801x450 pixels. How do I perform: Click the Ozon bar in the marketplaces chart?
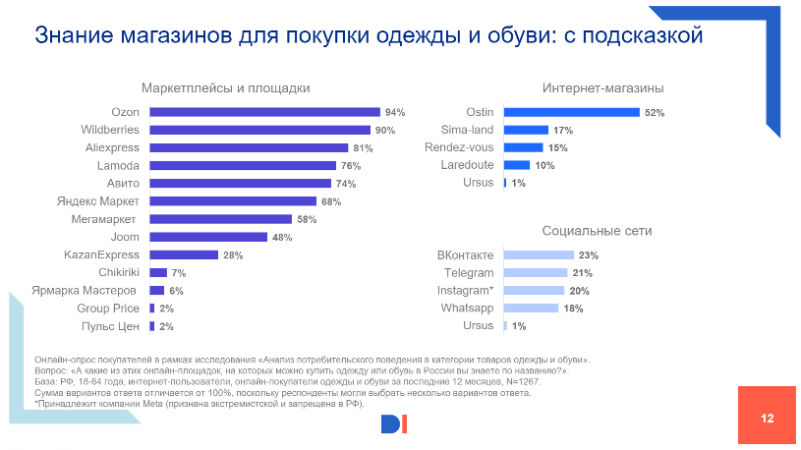[x=264, y=112]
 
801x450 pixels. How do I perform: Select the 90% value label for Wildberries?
[x=384, y=130]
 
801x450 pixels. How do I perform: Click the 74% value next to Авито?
[x=345, y=184]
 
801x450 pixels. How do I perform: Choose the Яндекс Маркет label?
[x=98, y=201]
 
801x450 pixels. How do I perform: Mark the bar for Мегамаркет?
[x=220, y=219]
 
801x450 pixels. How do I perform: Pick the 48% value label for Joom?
[x=281, y=237]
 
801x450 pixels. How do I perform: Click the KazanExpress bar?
[x=183, y=254]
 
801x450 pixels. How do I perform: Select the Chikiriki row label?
[x=119, y=272]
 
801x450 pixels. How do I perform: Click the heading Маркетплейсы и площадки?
[x=226, y=88]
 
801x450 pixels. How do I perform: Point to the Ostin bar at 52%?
[x=571, y=112]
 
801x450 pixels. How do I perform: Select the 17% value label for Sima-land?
[x=563, y=130]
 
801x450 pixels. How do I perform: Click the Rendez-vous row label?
[x=459, y=147]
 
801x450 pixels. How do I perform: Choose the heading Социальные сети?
[x=597, y=231]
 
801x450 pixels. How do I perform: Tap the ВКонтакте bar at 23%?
[x=538, y=255]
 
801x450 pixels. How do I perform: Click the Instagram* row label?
[x=465, y=291]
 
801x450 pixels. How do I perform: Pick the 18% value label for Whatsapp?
[x=572, y=309]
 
